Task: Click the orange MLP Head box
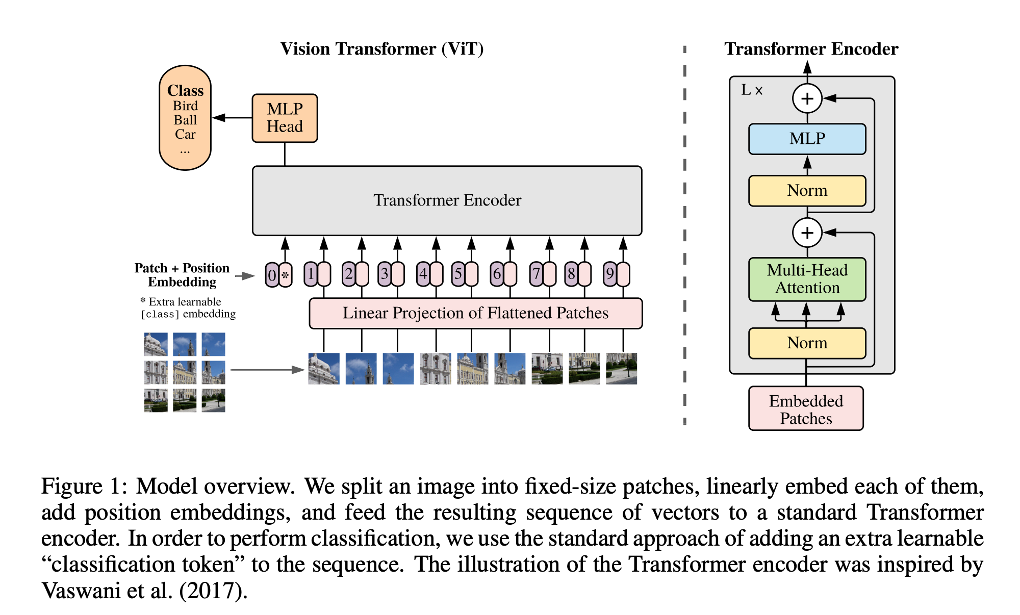285,118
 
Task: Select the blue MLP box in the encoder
807,139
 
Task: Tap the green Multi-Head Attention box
807,279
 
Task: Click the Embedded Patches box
806,409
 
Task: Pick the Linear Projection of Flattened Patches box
475,313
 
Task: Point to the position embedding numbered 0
272,275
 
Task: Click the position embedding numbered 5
458,274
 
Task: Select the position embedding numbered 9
609,274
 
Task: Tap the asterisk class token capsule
286,275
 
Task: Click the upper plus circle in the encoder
807,98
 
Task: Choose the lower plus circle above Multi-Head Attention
807,233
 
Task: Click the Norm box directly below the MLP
807,191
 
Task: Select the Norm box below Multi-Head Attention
807,343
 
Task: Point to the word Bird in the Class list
185,106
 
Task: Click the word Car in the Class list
185,135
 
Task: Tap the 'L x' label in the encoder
752,90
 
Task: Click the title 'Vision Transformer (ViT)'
382,49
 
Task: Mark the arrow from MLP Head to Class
232,118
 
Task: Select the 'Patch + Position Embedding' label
182,275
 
